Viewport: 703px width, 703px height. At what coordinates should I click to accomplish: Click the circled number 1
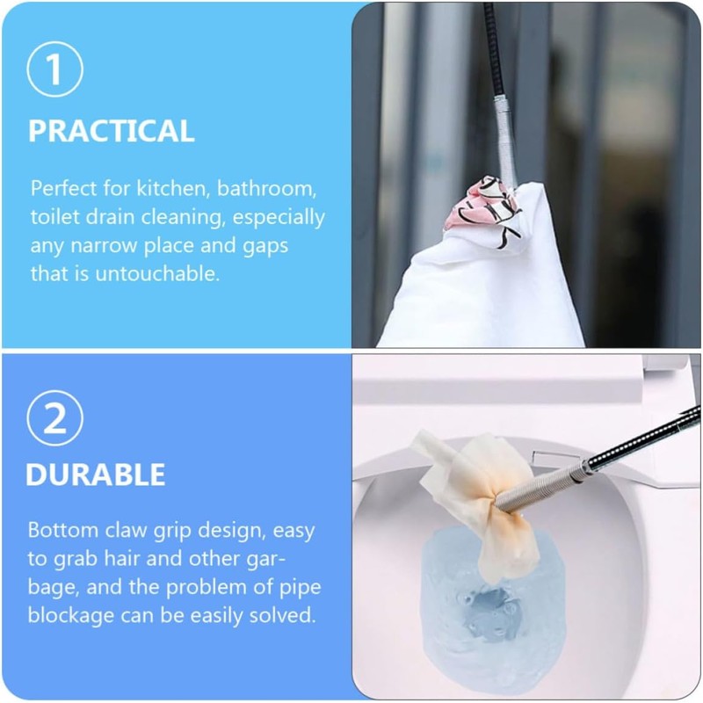(54, 69)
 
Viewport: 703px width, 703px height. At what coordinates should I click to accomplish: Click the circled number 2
(54, 418)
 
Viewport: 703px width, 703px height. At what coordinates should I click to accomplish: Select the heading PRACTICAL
(112, 131)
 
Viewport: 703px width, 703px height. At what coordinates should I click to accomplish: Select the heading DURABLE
(96, 475)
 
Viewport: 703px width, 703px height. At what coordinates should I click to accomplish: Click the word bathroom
(267, 188)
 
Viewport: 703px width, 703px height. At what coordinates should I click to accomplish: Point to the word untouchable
(157, 273)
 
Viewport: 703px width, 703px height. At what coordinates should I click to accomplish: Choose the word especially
(279, 218)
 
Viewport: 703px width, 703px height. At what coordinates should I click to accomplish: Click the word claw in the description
(126, 530)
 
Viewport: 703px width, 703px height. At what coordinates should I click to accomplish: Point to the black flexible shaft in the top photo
(492, 49)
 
